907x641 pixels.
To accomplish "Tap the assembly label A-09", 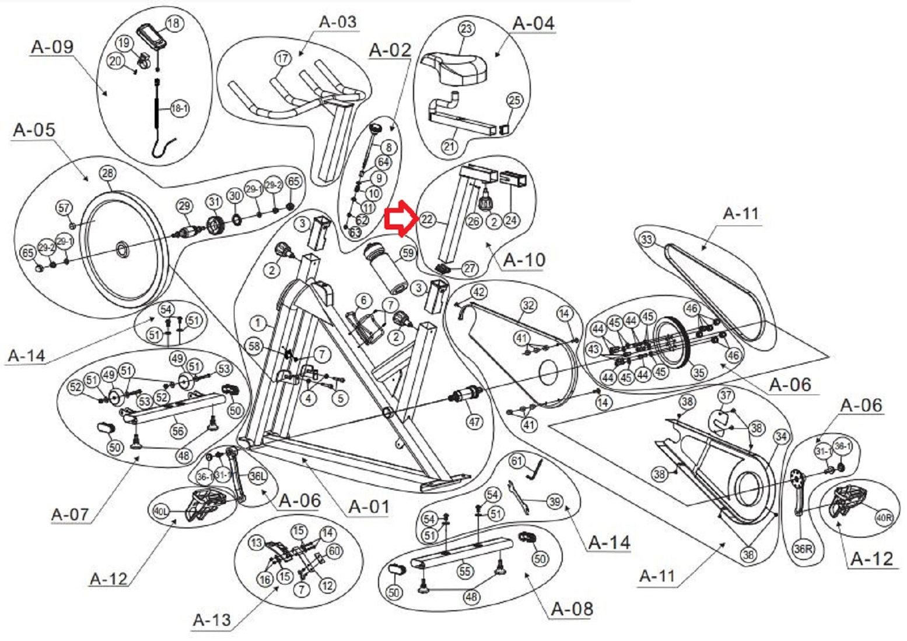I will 52,47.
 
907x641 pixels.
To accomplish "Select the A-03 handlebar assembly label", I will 338,22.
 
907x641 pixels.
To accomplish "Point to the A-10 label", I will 524,259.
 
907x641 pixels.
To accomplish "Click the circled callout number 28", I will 107,173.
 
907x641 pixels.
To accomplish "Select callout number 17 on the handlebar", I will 283,58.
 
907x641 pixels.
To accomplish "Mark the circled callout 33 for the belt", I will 646,240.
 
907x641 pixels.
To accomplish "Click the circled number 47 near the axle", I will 475,421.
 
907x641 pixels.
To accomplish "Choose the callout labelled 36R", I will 803,549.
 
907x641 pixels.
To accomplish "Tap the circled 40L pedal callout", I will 160,512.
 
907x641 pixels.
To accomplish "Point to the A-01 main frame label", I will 369,506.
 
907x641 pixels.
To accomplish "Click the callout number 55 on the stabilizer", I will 465,572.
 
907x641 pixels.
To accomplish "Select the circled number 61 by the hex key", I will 517,462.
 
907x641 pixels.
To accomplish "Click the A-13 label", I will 212,619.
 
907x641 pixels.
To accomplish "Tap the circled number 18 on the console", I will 174,23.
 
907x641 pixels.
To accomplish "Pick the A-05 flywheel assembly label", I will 34,129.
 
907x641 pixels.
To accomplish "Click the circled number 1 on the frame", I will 258,322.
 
